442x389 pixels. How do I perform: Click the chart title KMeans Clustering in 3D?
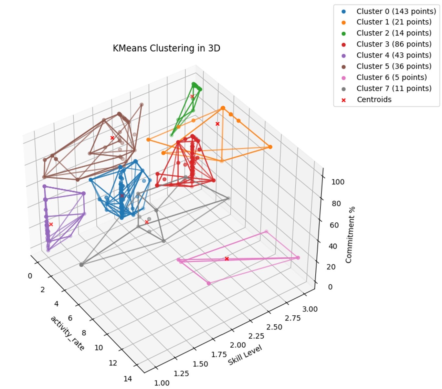166,48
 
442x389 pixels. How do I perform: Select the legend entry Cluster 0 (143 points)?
396,11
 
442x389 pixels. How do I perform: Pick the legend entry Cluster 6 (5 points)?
391,78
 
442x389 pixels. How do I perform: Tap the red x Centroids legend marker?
343,100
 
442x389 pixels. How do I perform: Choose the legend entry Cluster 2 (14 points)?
394,33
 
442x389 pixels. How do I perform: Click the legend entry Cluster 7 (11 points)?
394,89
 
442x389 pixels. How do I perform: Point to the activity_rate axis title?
67,333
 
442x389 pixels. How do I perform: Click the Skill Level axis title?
245,355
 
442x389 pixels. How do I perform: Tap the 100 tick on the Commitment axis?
338,182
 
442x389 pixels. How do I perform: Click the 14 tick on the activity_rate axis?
128,379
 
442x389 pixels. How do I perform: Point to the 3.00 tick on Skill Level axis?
310,309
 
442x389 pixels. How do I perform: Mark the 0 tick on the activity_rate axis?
30,276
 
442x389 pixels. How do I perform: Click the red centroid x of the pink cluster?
227,259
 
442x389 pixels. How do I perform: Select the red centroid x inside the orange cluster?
217,124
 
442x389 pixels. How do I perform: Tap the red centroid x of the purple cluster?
51,224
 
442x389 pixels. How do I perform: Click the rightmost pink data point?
298,258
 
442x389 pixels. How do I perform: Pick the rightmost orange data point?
270,147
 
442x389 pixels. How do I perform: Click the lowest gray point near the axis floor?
81,265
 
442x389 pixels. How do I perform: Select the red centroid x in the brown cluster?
112,138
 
